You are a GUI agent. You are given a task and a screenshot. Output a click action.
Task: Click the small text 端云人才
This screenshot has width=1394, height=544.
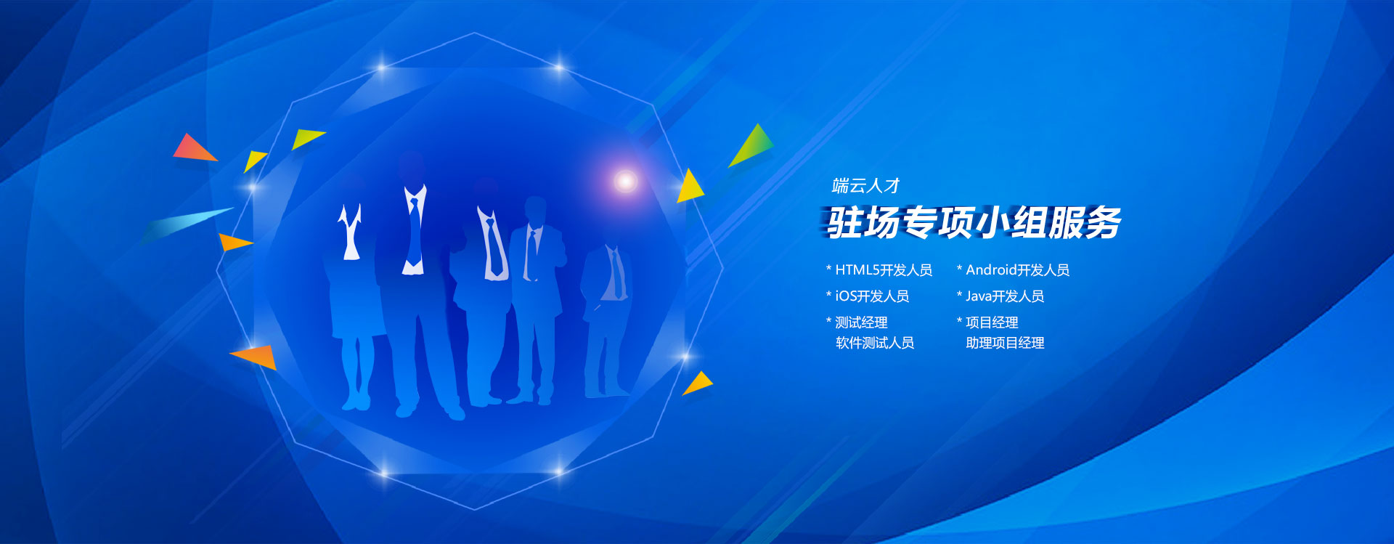point(865,186)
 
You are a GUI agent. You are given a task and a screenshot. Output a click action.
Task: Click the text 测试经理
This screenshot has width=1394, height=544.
point(861,322)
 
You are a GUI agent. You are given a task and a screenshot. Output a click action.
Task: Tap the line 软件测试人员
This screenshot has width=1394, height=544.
point(875,343)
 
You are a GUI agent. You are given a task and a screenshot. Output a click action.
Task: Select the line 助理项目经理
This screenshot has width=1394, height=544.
point(1005,343)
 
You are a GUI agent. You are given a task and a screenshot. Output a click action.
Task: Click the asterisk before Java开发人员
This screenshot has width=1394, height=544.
point(959,294)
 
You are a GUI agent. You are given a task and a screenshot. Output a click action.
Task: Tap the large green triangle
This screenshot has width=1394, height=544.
point(752,145)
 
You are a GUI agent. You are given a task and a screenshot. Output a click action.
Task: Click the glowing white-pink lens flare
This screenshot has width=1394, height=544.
point(625,181)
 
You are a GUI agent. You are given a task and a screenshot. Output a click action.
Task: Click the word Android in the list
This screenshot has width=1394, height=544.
point(991,270)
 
